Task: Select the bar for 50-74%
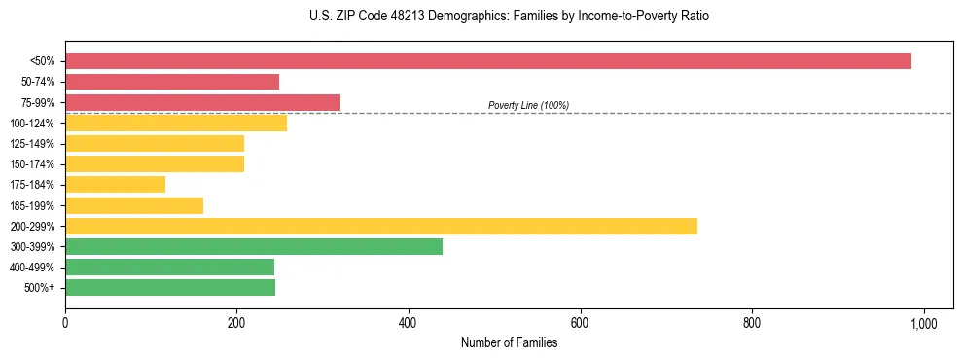172,82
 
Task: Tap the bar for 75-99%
202,102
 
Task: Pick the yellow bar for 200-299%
381,226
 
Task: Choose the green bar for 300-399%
254,246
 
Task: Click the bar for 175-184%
115,185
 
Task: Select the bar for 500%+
170,287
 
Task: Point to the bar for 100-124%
176,123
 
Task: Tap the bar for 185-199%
134,205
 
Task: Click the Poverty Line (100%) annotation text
528,105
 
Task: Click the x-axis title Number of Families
509,342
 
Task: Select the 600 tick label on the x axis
580,323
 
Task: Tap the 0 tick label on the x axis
65,323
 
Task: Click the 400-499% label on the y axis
32,268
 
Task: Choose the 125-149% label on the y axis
32,144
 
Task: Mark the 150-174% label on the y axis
32,164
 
